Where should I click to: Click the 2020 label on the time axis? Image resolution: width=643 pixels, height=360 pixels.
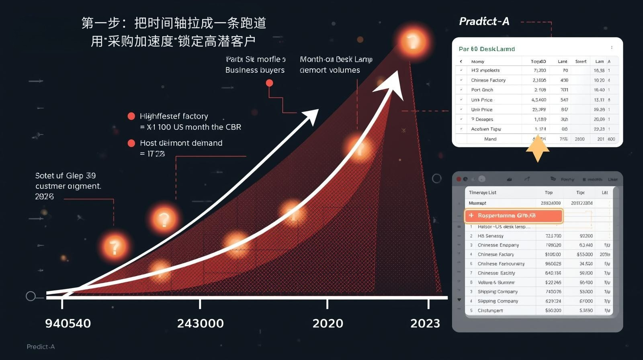(x=328, y=323)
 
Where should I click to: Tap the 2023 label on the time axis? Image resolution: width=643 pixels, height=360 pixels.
(x=425, y=323)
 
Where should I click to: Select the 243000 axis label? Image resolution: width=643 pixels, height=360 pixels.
(x=200, y=323)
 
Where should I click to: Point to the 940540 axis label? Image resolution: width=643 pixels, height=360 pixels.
(x=68, y=323)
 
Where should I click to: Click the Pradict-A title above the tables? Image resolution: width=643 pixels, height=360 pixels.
(x=484, y=22)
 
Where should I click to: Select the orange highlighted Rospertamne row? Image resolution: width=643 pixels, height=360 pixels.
(x=514, y=216)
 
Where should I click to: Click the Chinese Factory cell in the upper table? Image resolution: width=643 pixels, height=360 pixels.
(x=488, y=80)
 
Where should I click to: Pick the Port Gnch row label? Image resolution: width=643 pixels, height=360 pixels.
(x=482, y=90)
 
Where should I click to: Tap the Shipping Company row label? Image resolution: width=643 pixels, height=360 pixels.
(x=498, y=292)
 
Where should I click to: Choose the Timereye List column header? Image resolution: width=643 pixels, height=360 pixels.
(x=482, y=193)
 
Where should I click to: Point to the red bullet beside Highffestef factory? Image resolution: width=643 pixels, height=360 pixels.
(x=131, y=116)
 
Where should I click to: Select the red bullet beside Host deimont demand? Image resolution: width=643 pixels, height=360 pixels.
(x=131, y=143)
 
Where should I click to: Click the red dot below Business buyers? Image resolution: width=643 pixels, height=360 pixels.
(x=269, y=83)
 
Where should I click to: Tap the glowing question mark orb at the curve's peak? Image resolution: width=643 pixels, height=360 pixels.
(x=413, y=41)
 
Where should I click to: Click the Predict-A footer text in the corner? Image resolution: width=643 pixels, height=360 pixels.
(x=41, y=347)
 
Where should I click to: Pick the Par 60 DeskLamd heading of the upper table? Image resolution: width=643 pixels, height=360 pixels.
(x=487, y=49)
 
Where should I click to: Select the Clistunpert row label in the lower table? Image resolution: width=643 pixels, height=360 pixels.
(x=490, y=311)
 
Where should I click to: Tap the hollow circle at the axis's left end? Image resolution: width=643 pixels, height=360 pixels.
(x=31, y=296)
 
